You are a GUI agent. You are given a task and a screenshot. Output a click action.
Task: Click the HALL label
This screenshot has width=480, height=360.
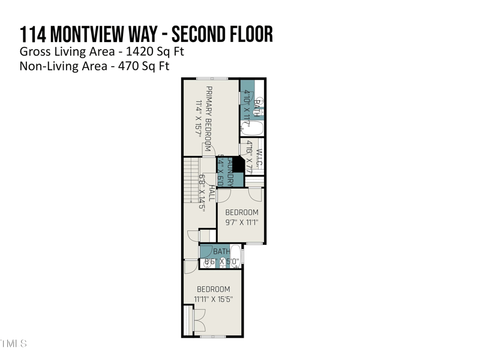pos(211,193)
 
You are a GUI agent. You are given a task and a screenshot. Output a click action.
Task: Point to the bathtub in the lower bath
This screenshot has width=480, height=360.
pos(235,256)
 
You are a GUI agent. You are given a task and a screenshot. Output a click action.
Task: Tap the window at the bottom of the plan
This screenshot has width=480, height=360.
pos(213,337)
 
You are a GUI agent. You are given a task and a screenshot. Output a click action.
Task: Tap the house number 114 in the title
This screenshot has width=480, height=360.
pos(32,34)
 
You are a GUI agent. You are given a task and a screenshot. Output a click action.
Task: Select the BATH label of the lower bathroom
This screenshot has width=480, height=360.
pos(221,251)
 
